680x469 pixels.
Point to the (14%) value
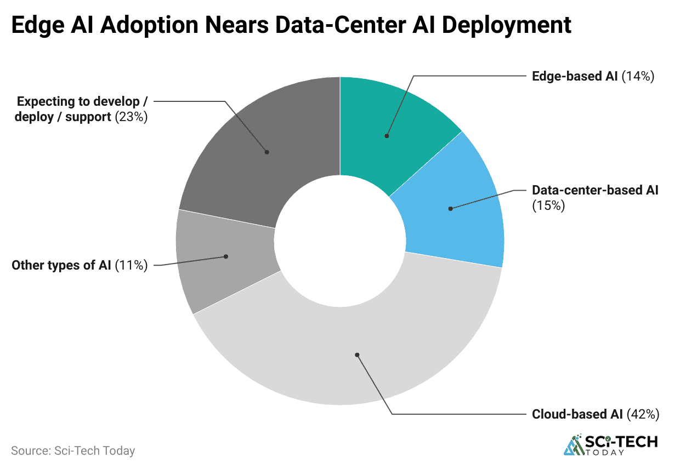point(638,76)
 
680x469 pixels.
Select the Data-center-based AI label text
point(595,191)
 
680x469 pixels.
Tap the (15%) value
point(548,206)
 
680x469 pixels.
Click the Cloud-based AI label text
point(577,414)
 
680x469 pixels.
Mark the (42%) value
point(642,414)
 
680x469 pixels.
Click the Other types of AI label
point(61,266)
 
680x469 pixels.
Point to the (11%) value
point(131,266)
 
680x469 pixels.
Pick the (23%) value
point(131,117)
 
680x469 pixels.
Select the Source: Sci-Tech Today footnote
point(73,451)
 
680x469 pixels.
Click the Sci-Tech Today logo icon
point(574,444)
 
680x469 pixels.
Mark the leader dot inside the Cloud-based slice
point(357,355)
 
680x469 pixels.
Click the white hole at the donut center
point(340,241)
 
